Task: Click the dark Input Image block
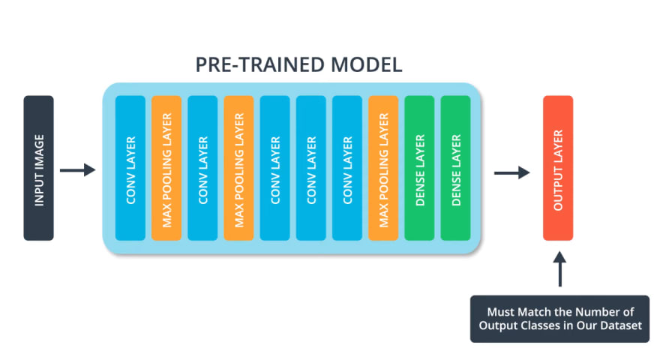39,168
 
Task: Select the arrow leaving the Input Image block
78,170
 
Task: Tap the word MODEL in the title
366,64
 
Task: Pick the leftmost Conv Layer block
130,168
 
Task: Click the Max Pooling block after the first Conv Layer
166,168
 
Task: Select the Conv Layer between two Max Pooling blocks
202,168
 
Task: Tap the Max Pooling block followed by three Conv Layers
238,168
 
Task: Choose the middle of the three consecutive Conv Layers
311,168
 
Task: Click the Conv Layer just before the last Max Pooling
347,168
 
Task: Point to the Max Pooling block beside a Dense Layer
383,168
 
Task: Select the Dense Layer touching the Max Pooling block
419,168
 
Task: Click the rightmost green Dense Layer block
455,168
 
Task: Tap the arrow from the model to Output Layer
511,172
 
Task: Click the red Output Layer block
558,168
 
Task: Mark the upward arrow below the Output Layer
559,269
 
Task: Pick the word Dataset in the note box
621,325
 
